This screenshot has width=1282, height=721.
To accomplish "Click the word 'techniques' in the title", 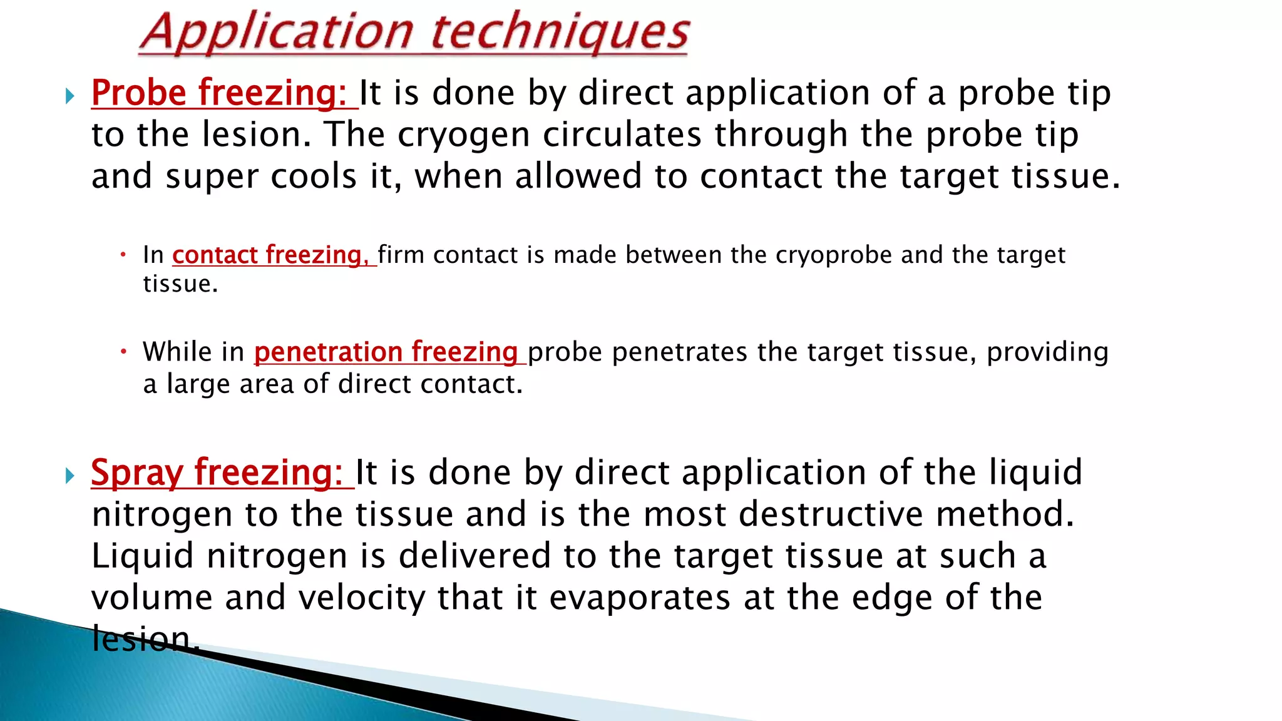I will (x=560, y=33).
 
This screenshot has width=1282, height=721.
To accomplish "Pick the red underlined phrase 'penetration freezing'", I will (x=386, y=352).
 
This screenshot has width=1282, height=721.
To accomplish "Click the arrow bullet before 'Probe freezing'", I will (x=70, y=96).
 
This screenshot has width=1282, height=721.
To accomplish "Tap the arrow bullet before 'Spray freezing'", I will (x=70, y=476).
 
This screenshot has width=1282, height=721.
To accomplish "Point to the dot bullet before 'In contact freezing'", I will (x=124, y=255).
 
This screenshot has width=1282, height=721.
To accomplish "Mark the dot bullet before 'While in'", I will (x=124, y=352).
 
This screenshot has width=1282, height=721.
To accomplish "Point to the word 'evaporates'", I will (x=639, y=598).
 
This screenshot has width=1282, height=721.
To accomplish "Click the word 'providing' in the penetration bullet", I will (x=1047, y=352).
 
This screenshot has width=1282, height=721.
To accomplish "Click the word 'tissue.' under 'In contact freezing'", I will (x=180, y=284).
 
